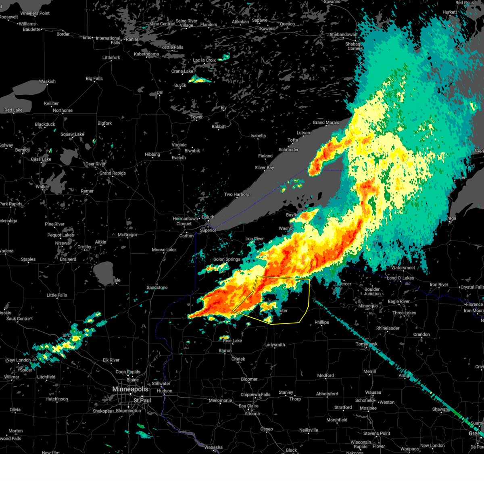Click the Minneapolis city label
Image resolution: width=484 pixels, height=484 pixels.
pos(130,389)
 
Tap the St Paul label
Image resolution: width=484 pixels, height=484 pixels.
pos(142,401)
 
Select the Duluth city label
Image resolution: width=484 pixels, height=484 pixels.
pos(208,217)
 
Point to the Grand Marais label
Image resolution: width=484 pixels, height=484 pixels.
pos(326,123)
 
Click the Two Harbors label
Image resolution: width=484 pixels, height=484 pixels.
pos(237,194)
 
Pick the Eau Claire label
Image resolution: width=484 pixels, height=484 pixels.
pos(248,406)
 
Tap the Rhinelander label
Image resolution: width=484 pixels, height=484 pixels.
pos(388,328)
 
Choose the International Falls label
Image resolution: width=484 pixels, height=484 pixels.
pos(108,40)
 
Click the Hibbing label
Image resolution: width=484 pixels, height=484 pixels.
pos(152,154)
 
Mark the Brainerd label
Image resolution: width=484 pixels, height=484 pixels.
pos(68,259)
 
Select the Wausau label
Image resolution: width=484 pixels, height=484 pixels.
pos(373,392)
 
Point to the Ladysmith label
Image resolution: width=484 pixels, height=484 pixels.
pos(275,345)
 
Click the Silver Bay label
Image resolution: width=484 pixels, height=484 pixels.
pos(264,168)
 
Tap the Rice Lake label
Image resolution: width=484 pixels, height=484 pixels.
pos(232,341)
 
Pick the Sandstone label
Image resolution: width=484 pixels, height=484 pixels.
pos(157,288)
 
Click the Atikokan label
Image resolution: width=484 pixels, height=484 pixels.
pos(240,22)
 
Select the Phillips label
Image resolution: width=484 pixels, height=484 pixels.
pos(322,322)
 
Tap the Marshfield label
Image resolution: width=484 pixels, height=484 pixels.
pos(337,420)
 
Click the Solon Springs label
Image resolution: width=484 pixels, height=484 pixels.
pos(227,259)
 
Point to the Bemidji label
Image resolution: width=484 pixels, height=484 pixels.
pos(22,150)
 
